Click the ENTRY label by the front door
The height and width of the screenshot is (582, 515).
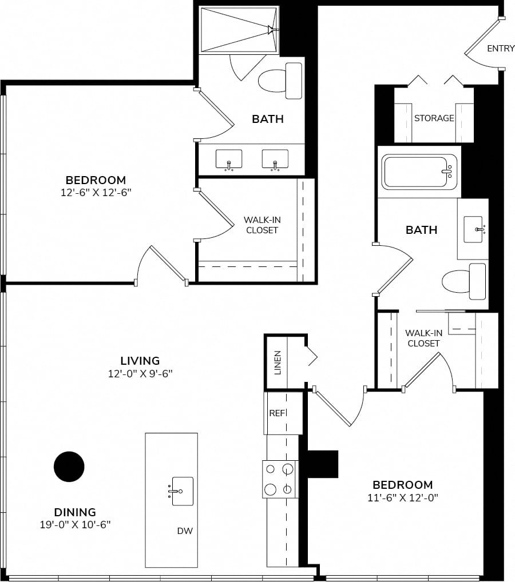[501, 48]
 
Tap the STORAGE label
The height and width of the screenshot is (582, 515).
[434, 118]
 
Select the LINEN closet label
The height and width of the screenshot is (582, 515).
[277, 362]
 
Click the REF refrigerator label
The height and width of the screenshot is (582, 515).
[277, 413]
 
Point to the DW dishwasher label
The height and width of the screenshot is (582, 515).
[185, 531]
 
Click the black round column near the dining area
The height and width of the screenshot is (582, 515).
[69, 467]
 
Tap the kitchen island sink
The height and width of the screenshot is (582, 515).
[181, 491]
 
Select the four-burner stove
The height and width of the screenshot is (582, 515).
[280, 479]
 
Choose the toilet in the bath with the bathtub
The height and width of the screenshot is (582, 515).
[463, 281]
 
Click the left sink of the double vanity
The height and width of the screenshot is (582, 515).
[229, 160]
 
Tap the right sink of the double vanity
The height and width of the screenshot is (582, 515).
[275, 160]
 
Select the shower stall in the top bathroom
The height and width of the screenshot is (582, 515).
[239, 30]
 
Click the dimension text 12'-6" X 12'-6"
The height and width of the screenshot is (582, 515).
[96, 192]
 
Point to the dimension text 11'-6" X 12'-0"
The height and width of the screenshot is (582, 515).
[403, 497]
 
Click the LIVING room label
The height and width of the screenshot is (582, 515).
[140, 360]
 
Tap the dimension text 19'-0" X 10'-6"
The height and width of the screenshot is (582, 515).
[75, 524]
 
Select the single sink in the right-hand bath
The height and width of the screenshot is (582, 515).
[474, 229]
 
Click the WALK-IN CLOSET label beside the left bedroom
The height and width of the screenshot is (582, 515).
[262, 225]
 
